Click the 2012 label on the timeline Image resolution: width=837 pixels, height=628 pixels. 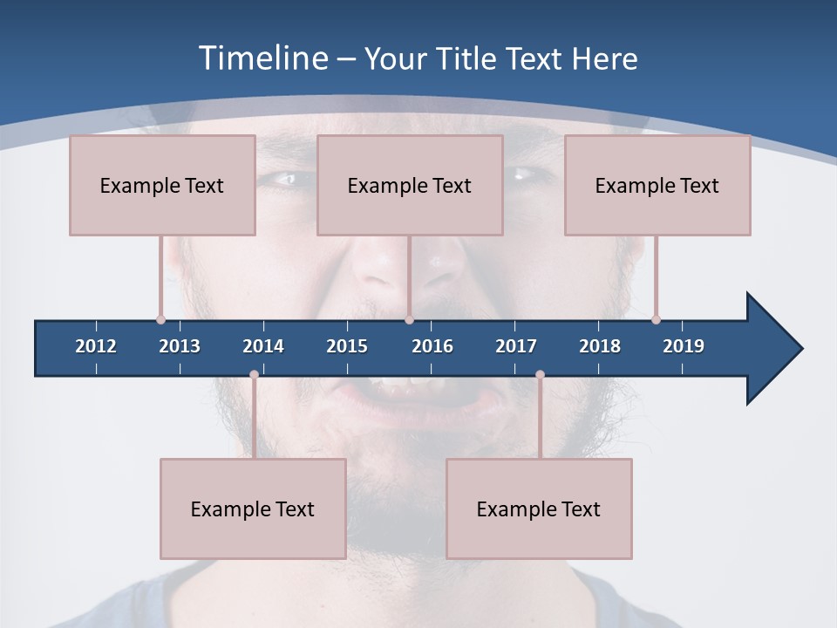[96, 346]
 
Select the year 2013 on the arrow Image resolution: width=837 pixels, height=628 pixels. [180, 346]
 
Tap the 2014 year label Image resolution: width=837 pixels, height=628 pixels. [263, 346]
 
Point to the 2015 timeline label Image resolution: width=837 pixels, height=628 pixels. [347, 346]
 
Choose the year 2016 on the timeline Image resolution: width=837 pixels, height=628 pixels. [432, 346]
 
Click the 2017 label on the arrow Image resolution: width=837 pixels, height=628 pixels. [516, 346]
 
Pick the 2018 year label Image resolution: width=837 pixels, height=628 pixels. [600, 346]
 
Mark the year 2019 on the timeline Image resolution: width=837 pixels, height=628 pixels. [684, 346]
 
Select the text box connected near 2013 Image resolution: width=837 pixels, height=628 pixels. [162, 185]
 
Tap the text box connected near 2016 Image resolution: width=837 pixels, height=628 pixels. [410, 185]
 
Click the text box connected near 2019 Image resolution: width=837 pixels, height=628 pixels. [657, 185]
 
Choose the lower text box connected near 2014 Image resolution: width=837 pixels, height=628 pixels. [253, 509]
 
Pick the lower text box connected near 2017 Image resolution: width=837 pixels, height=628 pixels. [539, 509]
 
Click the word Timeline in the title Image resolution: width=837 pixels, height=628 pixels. [262, 58]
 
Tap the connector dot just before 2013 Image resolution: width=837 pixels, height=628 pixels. [160, 319]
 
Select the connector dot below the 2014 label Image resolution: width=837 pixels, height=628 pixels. [254, 374]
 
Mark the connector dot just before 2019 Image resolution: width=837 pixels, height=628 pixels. [656, 319]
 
